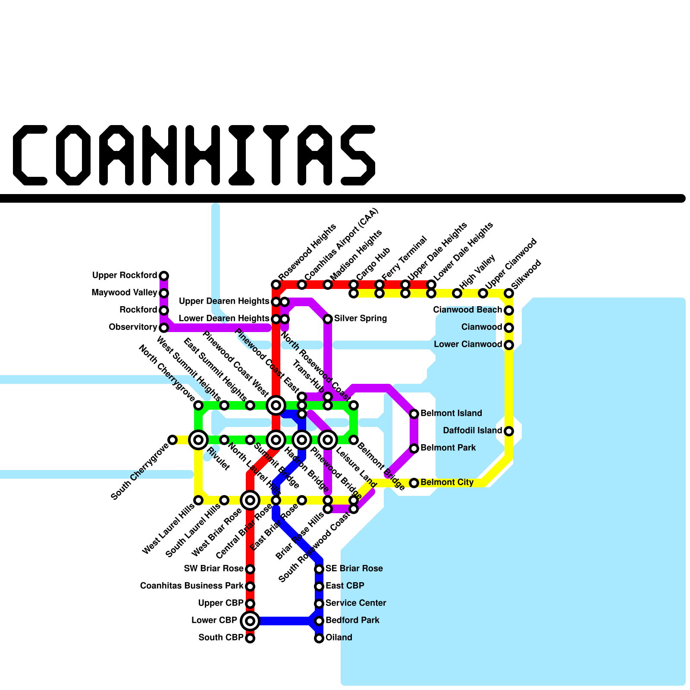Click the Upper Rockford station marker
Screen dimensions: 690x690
[164, 276]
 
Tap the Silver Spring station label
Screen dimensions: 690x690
[360, 319]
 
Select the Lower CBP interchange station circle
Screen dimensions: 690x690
[250, 621]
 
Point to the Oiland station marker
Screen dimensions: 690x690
[319, 638]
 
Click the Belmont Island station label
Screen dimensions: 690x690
[451, 414]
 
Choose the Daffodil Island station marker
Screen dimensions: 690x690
[509, 431]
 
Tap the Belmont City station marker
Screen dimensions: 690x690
[414, 483]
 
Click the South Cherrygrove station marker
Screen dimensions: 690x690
[172, 440]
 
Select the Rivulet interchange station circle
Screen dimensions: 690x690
[198, 440]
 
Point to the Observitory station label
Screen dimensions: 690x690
[133, 327]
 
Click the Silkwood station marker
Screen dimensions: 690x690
[509, 293]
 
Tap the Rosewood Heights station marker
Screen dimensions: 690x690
[276, 285]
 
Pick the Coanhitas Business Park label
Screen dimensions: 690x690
[192, 586]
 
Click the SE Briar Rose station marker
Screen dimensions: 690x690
[319, 569]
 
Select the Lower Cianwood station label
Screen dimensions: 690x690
[468, 345]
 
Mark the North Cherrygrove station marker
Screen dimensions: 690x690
[198, 405]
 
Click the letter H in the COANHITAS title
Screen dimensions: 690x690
[203, 155]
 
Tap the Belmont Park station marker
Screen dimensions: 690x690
[414, 448]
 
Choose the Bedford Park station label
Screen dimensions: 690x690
[352, 621]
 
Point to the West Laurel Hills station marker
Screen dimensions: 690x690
[198, 500]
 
